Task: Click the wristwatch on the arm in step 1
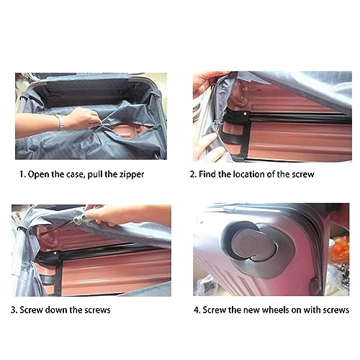61,122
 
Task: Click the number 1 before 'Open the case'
22,174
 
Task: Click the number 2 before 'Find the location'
192,174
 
